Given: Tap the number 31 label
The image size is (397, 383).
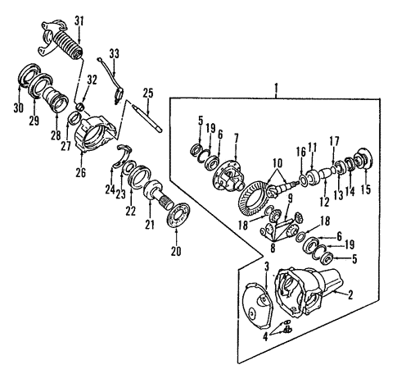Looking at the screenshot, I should click(79, 21).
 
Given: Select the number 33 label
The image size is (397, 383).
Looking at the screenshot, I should click(114, 53).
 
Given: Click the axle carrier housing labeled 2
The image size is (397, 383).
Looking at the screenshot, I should click(311, 291).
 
